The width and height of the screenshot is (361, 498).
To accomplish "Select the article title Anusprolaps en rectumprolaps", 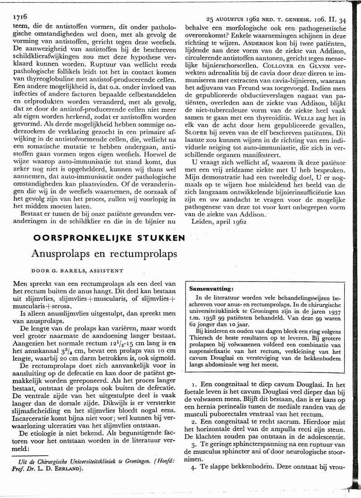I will coord(104,254).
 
